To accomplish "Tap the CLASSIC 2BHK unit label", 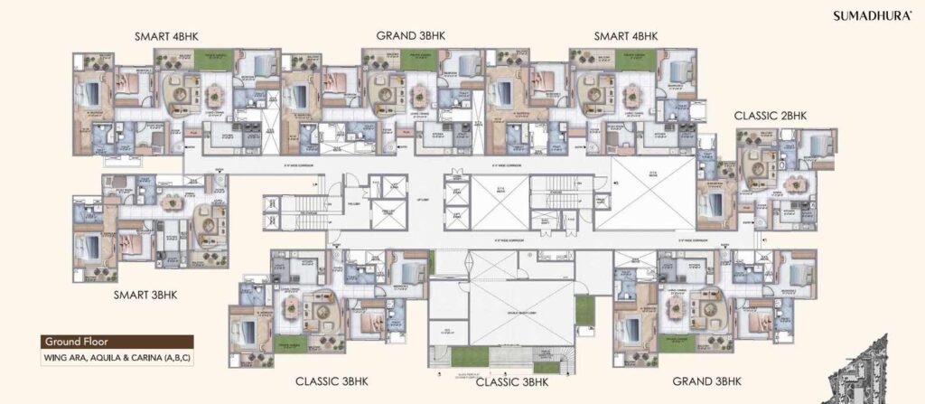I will tap(770, 116).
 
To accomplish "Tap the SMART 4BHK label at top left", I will tap(166, 36).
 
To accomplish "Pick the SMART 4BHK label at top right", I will tap(625, 36).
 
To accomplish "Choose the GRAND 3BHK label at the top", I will tap(411, 36).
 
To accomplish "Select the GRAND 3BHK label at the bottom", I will tap(707, 381).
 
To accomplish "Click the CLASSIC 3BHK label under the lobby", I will tap(511, 381).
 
